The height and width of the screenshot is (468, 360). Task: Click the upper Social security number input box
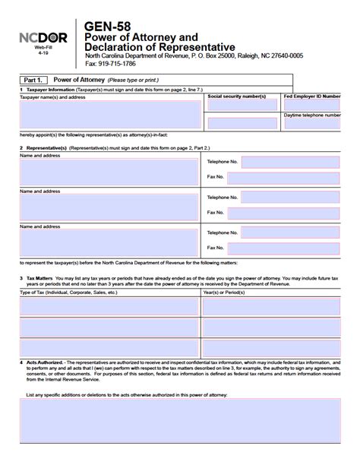242,106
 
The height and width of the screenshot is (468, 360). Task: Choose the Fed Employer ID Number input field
320,106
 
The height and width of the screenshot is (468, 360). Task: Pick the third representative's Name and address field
109,243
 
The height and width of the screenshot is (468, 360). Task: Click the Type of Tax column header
68,292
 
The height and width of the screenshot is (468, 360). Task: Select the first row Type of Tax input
109,306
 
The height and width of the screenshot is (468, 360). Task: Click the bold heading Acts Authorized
45,362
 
